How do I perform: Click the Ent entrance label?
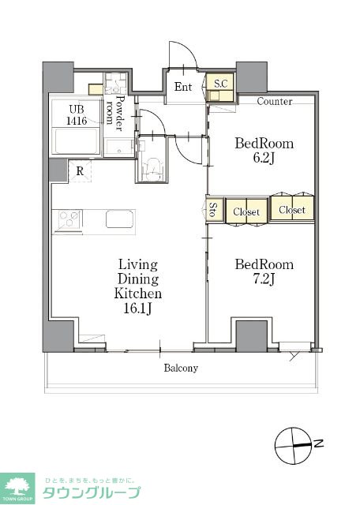click(183, 86)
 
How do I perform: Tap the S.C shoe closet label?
click(221, 84)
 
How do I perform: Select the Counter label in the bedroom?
click(275, 102)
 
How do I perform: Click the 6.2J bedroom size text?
click(264, 158)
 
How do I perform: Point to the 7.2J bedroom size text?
click(264, 279)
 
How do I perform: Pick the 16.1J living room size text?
click(138, 309)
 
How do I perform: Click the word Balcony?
click(181, 368)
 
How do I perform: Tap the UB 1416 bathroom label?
click(77, 115)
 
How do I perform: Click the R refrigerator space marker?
click(80, 171)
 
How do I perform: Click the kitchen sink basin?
click(119, 219)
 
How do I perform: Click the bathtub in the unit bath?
click(77, 141)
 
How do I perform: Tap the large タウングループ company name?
click(92, 492)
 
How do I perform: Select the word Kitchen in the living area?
click(138, 294)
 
